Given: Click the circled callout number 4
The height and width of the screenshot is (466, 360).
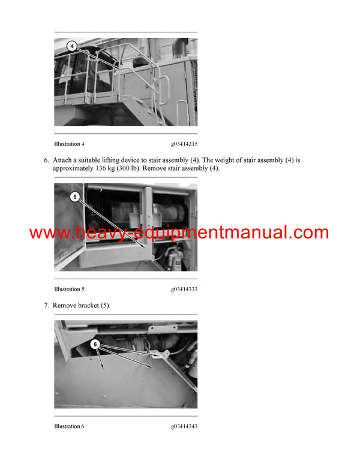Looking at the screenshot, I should (x=71, y=45).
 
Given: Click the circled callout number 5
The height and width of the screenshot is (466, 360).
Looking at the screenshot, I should (x=74, y=196).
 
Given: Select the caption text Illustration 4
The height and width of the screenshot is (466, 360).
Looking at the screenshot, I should (x=69, y=144).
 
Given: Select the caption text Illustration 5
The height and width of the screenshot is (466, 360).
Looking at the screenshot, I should (x=69, y=289).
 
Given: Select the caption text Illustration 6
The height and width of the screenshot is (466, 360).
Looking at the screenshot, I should (x=69, y=426).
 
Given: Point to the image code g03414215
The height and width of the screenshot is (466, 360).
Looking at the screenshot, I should (x=184, y=144).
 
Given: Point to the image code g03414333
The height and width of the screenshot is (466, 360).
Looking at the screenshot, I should (x=184, y=289).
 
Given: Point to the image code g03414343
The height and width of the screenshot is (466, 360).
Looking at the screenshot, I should (x=184, y=426).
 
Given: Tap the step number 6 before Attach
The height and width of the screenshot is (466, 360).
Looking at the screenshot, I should (x=46, y=160).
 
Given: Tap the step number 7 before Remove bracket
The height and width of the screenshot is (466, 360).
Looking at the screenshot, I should (x=46, y=306).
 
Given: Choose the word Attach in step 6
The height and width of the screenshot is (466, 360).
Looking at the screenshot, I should (x=63, y=160).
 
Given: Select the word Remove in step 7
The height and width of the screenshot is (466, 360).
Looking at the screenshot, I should (x=65, y=306).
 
